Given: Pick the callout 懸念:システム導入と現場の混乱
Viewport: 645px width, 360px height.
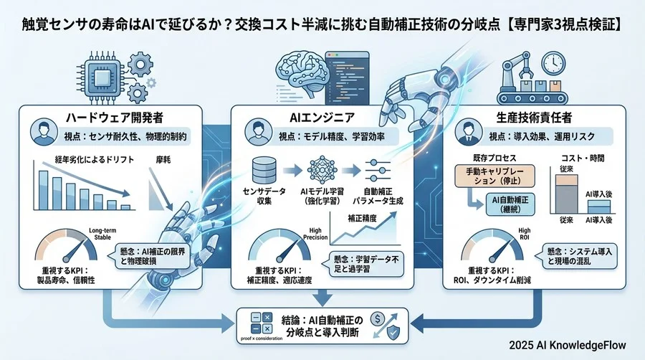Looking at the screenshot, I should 575,256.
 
